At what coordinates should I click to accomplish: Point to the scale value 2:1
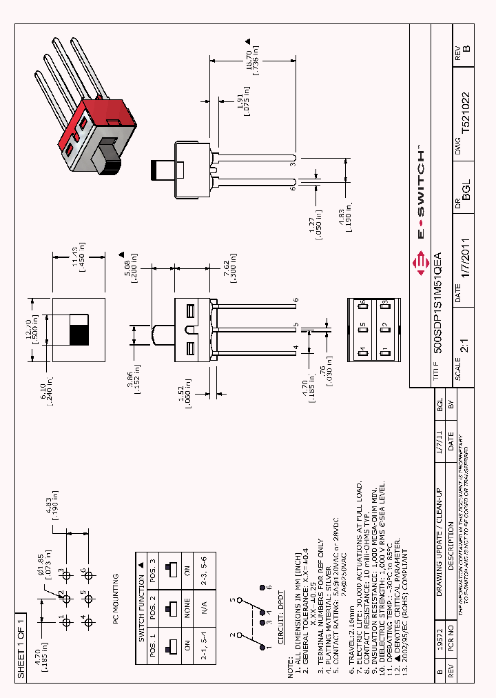click(466, 365)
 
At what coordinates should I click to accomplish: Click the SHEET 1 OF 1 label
click(21, 646)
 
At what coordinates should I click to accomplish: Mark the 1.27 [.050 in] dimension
click(316, 226)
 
